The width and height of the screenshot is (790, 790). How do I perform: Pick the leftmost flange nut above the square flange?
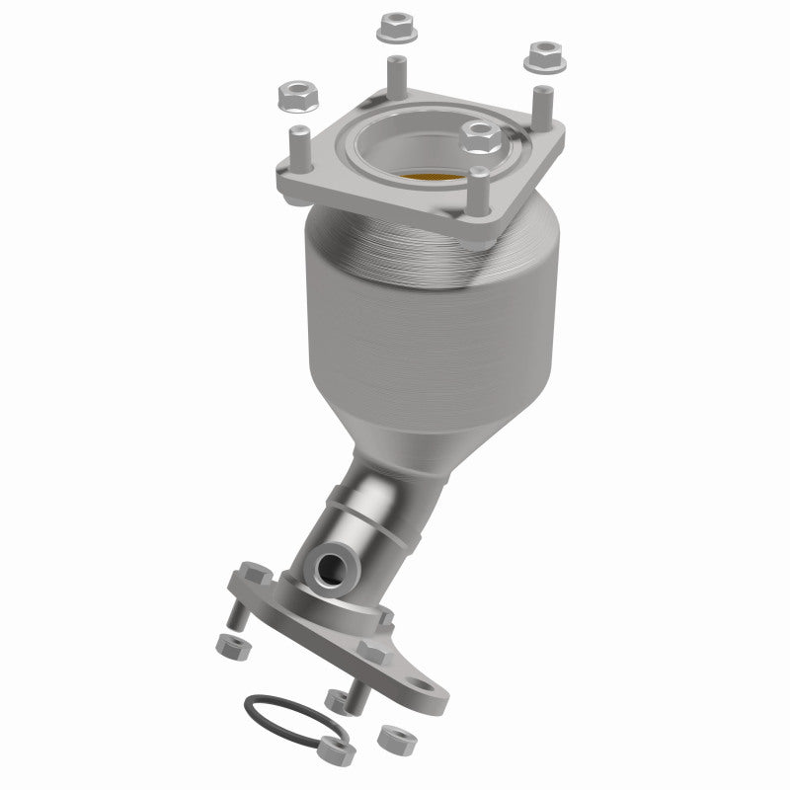292,95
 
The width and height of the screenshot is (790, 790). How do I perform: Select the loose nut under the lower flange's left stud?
233,646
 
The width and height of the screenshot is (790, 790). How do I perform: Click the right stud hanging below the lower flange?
357,695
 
